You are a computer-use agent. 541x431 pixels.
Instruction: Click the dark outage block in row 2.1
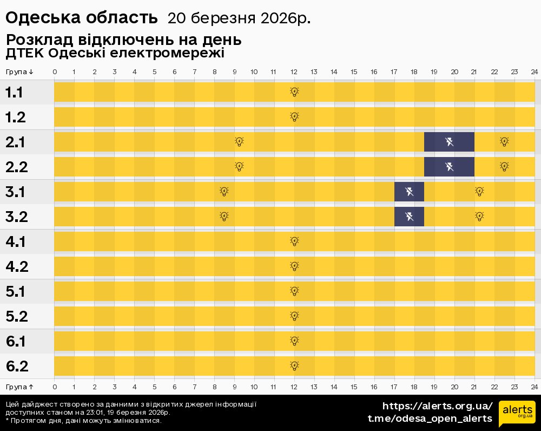point(449,142)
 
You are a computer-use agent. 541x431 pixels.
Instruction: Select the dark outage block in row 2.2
point(449,167)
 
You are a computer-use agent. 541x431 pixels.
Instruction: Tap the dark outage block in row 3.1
point(409,192)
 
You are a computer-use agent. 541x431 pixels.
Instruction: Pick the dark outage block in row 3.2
point(409,217)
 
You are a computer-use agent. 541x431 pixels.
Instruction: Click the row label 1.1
point(14,93)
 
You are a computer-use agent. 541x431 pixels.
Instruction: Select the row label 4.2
point(16,267)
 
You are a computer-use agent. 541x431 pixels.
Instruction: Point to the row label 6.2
point(16,367)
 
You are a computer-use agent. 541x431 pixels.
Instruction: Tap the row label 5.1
point(15,292)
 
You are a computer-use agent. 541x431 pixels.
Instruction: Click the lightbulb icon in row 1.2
point(294,116)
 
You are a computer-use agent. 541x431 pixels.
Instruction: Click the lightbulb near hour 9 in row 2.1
point(239,142)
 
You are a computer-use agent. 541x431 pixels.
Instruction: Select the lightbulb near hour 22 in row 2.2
point(504,167)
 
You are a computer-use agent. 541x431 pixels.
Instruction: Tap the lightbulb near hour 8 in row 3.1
point(224,192)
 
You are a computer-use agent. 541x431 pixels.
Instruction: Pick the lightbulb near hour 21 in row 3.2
point(479,217)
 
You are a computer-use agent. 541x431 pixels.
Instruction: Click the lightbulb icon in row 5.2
point(294,316)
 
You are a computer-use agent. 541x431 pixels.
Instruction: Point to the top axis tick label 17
point(393,72)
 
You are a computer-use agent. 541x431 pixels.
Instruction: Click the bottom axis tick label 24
point(533,387)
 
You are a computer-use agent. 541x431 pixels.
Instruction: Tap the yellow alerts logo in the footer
point(517,414)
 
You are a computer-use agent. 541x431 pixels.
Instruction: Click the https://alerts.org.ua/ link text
point(437,406)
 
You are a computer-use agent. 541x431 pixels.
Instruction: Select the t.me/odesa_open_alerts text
point(430,419)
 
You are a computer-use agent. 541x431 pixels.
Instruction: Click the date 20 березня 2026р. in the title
point(239,18)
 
